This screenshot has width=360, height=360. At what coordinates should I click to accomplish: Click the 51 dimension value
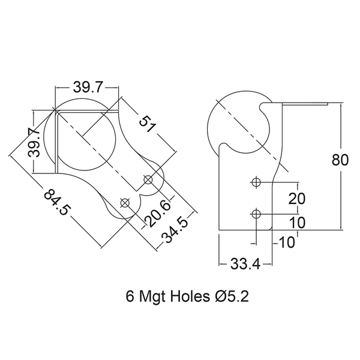148,124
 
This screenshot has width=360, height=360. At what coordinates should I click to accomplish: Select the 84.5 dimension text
56,202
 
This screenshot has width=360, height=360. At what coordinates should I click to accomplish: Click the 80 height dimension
340,160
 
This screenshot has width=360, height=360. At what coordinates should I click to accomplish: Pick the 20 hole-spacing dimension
297,199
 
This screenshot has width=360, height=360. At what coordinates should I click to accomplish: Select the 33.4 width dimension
245,264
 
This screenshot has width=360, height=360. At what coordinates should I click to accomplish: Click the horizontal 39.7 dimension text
87,88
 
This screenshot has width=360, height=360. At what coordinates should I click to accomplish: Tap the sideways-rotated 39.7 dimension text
34,143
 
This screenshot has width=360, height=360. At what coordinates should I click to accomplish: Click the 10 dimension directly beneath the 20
298,223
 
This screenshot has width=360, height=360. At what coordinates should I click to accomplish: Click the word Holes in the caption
190,296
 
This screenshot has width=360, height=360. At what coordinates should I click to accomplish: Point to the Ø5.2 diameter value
232,296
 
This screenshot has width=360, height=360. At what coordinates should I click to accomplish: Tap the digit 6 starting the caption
130,296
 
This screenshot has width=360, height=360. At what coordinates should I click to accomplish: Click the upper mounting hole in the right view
256,182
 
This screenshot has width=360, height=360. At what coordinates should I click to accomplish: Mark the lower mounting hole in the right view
256,214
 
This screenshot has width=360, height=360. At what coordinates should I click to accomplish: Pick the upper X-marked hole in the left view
148,180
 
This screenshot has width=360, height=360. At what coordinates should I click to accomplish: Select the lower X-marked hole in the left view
125,203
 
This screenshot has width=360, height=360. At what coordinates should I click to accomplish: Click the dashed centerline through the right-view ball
252,136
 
